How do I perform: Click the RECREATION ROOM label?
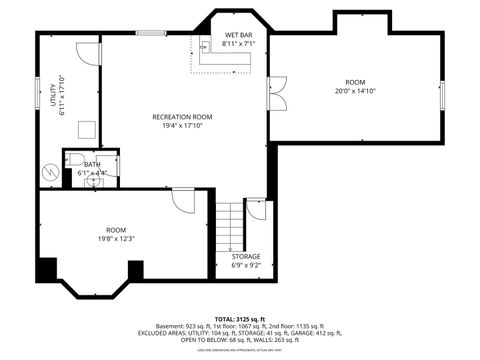point(182,117)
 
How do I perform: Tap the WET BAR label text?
point(237,35)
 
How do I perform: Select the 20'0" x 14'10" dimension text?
point(355,91)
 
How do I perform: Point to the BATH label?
point(92,164)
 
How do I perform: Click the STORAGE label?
point(246,256)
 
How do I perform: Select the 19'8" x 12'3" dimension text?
point(116,238)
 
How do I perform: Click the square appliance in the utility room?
point(88,128)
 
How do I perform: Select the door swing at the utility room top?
point(88,54)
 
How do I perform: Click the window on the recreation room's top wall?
point(151,33)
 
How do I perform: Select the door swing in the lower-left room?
point(183,200)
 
